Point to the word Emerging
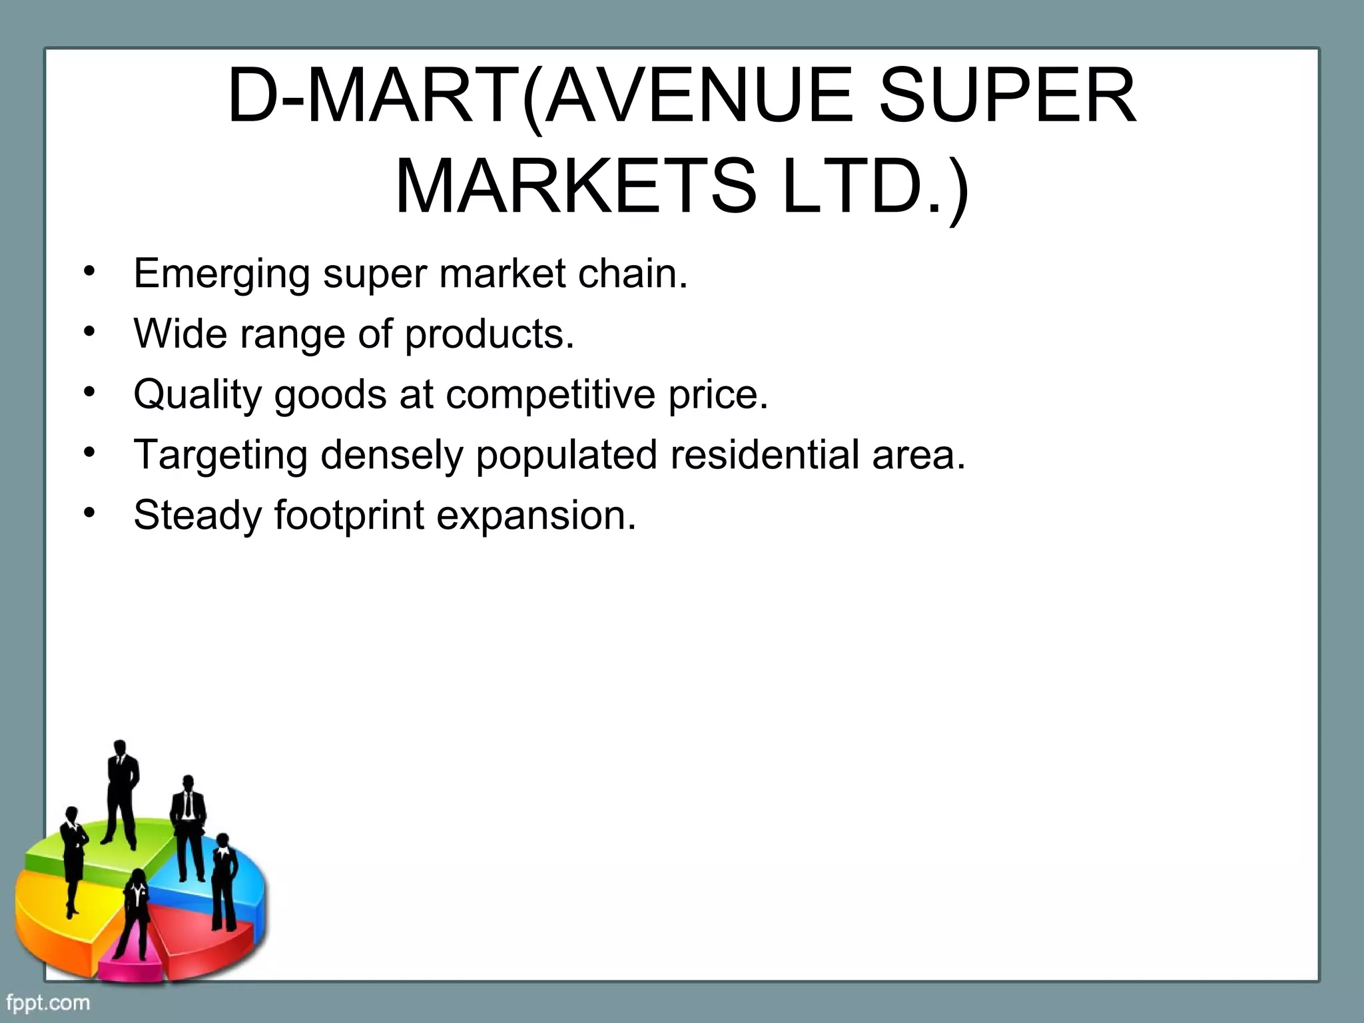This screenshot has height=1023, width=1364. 221,274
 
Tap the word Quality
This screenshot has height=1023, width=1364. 197,394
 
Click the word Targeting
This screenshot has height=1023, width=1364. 220,455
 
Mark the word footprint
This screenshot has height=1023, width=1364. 348,515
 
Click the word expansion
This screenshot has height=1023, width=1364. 536,515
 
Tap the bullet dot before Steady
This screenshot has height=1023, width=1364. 90,513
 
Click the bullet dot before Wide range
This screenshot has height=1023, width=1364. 90,332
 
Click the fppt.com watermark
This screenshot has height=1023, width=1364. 48,1002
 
